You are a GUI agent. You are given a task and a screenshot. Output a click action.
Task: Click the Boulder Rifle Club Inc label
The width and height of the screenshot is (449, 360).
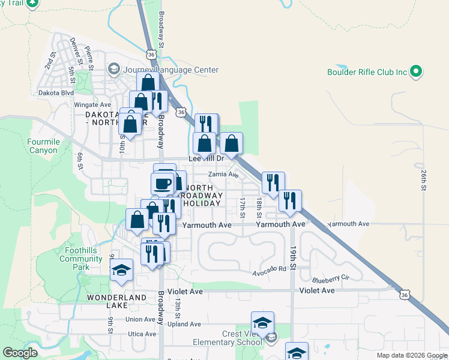coord(367,72)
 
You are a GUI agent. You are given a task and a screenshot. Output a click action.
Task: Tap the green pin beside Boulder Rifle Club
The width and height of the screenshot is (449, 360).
coord(416,72)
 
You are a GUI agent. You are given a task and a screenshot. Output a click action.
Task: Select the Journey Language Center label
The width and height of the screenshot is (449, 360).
coord(170,70)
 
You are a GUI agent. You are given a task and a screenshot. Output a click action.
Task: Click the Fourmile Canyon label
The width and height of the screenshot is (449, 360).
coord(43,146)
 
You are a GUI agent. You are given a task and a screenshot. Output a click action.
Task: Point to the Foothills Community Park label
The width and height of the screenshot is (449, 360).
coord(81,259)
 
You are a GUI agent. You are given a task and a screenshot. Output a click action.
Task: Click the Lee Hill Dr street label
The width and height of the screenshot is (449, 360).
coord(206,159)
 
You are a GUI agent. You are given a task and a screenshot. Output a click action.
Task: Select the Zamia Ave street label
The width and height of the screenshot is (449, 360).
coord(223,175)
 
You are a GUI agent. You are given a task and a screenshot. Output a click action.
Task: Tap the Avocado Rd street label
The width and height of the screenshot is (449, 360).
coord(269,268)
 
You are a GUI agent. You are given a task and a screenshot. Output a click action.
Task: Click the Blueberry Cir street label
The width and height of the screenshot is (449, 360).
coord(330,279)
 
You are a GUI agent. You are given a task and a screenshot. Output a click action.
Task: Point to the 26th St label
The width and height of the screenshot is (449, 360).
coord(423,180)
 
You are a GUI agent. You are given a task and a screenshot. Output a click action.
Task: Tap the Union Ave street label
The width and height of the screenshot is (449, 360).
coord(141,319)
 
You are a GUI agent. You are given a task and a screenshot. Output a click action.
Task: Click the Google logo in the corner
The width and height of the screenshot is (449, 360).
coord(20,353)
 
